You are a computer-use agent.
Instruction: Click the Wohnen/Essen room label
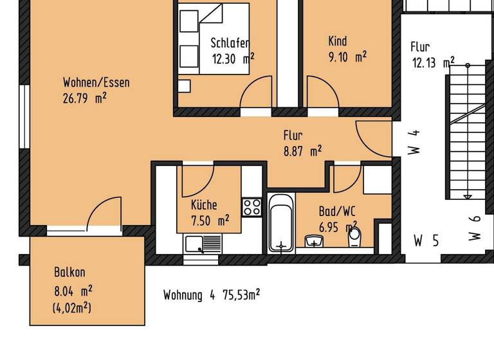tap(96, 82)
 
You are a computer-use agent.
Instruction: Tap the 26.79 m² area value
tap(84, 98)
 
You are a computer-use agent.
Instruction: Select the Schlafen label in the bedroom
tap(230, 43)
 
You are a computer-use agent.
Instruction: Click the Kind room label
tap(337, 41)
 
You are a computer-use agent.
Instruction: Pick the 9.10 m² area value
tap(347, 57)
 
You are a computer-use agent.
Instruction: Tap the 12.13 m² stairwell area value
tap(433, 62)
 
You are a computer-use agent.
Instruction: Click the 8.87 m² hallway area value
tap(302, 152)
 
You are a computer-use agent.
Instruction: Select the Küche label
tap(204, 205)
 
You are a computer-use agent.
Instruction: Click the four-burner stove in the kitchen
tap(252, 207)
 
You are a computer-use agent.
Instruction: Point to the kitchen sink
tap(203, 244)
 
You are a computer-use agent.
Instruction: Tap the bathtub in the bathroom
tap(280, 225)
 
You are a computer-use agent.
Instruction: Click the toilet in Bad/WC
tap(354, 238)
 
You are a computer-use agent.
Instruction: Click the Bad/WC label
tap(337, 211)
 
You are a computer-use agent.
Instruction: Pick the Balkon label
tap(69, 272)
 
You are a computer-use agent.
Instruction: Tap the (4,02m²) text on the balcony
tap(71, 308)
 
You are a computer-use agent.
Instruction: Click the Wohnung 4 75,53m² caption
tap(212, 295)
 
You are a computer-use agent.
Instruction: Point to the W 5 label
tap(426, 241)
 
